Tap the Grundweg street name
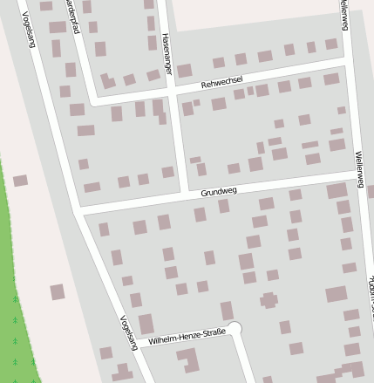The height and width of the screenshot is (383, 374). coord(218,191)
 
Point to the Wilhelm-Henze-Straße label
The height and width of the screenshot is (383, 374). coord(187,334)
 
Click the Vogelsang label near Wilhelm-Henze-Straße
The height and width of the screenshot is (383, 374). coord(130,332)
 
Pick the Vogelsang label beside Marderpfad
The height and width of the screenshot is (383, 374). coord(29,30)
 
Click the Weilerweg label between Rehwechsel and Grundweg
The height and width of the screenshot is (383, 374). coord(358,170)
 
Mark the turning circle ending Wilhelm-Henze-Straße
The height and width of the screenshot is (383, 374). coord(234,329)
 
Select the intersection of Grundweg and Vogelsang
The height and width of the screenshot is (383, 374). coord(78,212)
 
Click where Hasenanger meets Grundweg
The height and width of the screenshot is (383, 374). coord(183,195)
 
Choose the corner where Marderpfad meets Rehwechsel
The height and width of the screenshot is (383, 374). coord(90,103)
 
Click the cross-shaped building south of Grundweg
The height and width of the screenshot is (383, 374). coord(269,301)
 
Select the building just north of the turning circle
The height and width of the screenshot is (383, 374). coord(227,310)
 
